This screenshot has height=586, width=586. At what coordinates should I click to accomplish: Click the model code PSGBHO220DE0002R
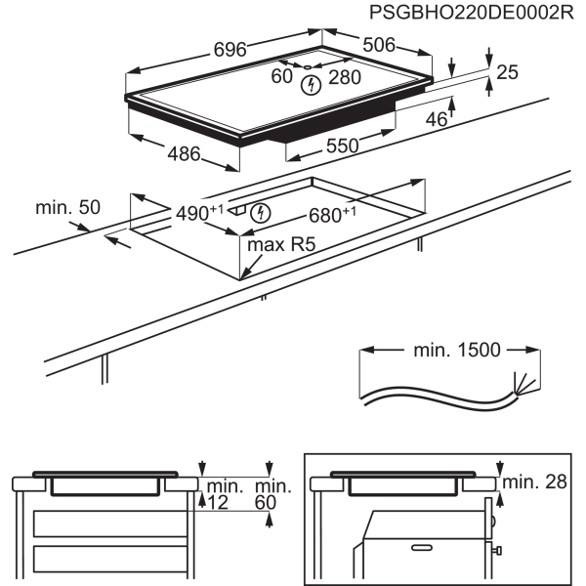(472, 13)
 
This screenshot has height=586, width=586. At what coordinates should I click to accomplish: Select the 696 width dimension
(230, 50)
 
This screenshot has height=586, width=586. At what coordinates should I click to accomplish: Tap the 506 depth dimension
(379, 45)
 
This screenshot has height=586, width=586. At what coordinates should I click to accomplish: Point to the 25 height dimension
(507, 72)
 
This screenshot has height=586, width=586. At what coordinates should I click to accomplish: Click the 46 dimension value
(437, 119)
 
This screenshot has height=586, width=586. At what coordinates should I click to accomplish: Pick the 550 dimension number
(343, 146)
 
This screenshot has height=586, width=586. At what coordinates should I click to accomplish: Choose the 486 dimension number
(184, 154)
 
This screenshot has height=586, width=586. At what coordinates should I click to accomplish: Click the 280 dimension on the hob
(345, 77)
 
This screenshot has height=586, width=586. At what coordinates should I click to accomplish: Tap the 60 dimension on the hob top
(282, 76)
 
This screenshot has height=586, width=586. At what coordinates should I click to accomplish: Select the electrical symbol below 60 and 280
(311, 85)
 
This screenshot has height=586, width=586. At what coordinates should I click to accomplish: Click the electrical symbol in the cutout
(261, 213)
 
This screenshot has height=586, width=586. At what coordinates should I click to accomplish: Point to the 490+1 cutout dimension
(199, 213)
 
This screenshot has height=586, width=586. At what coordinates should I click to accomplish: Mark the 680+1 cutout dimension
(333, 215)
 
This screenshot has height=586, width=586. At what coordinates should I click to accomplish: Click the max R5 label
(281, 245)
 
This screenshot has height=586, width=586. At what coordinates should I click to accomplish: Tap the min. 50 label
(68, 207)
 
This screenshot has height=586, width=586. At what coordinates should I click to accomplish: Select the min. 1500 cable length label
(457, 351)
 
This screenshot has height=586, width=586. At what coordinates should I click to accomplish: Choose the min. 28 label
(535, 482)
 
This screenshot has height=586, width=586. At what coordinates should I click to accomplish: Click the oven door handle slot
(422, 548)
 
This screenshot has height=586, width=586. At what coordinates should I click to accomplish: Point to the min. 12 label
(225, 494)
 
